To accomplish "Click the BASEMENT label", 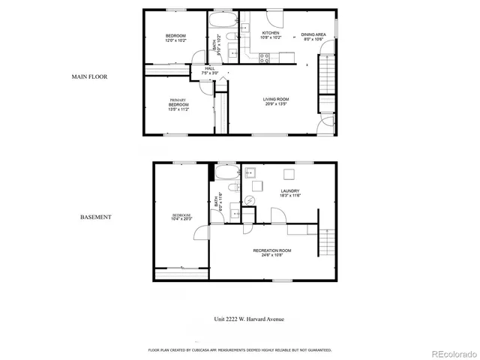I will tap(96, 217).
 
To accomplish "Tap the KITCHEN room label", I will tap(270, 34).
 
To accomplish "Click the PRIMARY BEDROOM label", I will tap(178, 103).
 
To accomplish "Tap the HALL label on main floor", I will tap(210, 70).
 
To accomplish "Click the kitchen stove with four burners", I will tap(265, 56).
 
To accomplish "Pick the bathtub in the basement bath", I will tap(224, 173).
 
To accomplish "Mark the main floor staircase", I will tap(326, 75).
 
